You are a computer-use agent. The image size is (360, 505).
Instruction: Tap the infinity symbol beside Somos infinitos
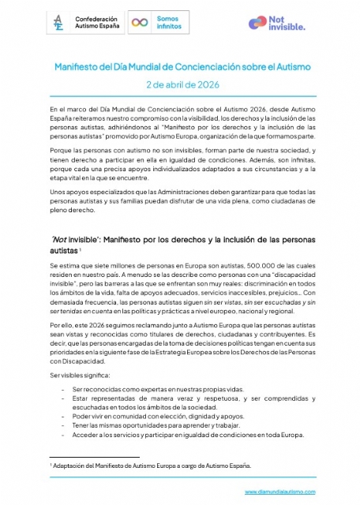coord(140,24)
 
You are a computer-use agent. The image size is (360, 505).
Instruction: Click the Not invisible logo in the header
coord(283,24)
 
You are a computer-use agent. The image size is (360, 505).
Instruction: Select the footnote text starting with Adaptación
coord(150,466)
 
